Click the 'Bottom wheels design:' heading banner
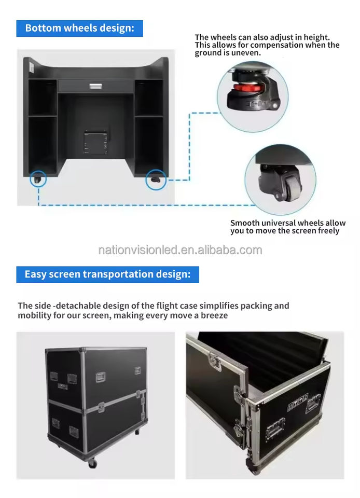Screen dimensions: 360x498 [79, 28]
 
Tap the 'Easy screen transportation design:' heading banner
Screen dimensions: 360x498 [107, 274]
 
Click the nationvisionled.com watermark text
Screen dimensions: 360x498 [180, 250]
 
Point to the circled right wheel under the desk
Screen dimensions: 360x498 [156, 179]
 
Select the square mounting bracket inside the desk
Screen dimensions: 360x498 [96, 141]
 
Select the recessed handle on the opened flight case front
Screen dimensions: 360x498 [275, 428]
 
